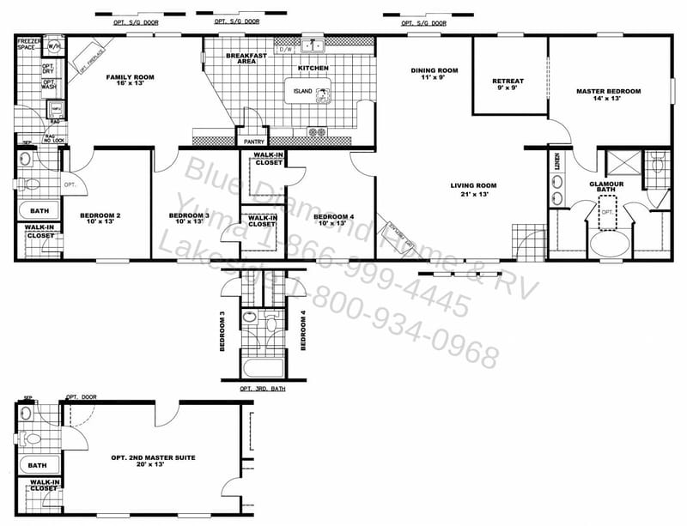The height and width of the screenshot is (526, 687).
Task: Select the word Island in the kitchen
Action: click(x=302, y=91)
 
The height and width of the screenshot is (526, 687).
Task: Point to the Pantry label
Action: click(x=253, y=141)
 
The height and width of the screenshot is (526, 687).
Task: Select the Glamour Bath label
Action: click(x=605, y=188)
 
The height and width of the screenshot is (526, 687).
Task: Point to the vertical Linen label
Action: click(x=557, y=162)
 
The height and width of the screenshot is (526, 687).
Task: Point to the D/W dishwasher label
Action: click(x=286, y=49)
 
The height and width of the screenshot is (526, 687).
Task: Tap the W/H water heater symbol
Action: click(x=54, y=45)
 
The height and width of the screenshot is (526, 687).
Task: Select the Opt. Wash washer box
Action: click(x=49, y=85)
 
